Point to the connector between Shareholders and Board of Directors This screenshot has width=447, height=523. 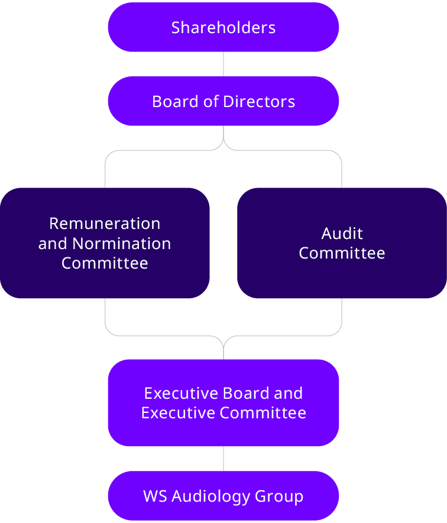pyautogui.click(x=223, y=64)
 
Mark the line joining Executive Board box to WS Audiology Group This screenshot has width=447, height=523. pyautogui.click(x=223, y=459)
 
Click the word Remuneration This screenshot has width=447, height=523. pyautogui.click(x=105, y=224)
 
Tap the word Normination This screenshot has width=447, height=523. pyautogui.click(x=122, y=243)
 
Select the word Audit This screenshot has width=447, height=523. pyautogui.click(x=342, y=233)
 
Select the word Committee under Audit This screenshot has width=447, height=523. pyautogui.click(x=342, y=253)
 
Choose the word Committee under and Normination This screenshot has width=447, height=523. pyautogui.click(x=105, y=263)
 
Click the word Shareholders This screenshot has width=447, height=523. pyautogui.click(x=223, y=27)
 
